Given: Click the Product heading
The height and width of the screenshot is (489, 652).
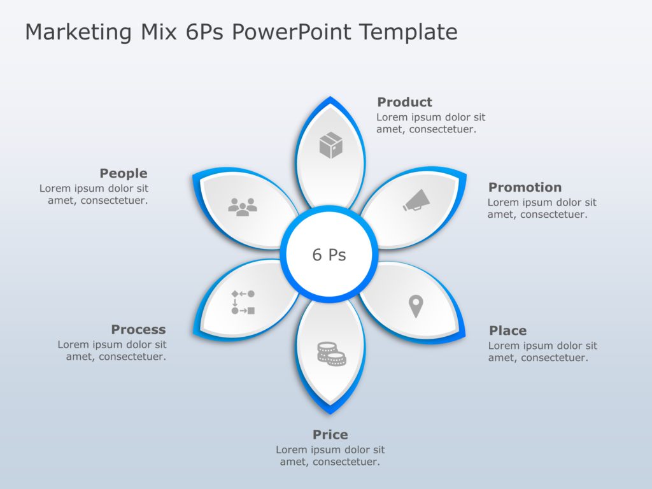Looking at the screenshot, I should pos(404,102).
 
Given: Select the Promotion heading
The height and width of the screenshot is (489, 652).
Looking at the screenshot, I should pos(525,187).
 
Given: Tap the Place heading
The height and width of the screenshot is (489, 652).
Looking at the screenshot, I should pos(507,330).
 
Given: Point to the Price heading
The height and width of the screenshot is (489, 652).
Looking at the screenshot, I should pos(330,435).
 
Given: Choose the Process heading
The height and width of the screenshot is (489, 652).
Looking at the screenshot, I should pos(138,329).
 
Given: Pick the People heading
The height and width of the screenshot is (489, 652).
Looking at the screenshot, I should pos(124,173).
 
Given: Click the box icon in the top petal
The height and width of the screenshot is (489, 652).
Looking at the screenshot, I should pos(330,145).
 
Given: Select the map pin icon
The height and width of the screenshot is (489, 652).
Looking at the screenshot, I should pos(416,306).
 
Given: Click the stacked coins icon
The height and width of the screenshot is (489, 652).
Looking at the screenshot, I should pos(331,353).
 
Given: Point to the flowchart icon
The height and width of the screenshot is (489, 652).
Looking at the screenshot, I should pos(243,302).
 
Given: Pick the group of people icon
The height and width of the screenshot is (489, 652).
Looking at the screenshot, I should pos(243,206).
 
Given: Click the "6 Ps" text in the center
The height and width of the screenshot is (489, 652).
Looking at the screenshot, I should pos(329,255).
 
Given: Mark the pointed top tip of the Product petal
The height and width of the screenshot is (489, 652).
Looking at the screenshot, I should pos(330,97).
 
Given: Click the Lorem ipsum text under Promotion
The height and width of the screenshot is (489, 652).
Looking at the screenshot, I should pos(542,209).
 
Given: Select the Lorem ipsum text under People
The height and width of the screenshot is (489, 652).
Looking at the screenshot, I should pos(94,194).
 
